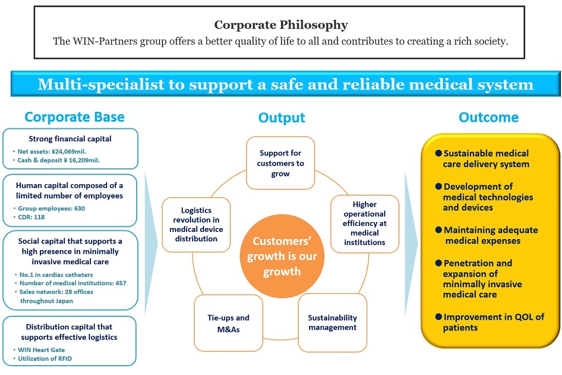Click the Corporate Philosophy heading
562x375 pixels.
tap(280, 25)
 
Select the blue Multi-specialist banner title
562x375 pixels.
tap(285, 84)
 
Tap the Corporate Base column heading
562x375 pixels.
tap(75, 117)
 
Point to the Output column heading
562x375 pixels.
tap(282, 117)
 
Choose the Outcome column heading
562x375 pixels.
tap(488, 117)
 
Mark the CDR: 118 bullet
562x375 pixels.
tap(32, 217)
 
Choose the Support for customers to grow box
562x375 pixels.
tap(280, 163)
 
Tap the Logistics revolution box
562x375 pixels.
tap(196, 225)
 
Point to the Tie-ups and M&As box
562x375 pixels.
tap(228, 323)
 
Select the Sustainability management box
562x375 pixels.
tap(333, 322)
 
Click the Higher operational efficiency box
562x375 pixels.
tap(365, 224)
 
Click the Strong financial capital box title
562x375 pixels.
tap(70, 139)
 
